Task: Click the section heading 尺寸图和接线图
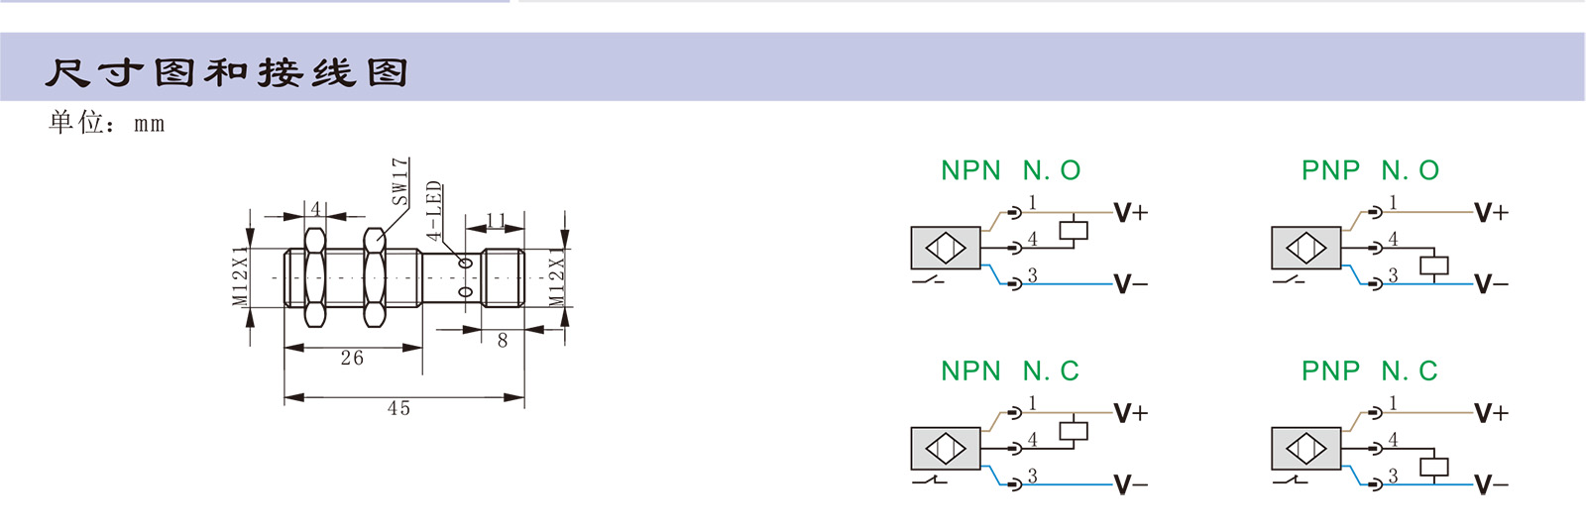226,72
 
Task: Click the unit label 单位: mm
106,123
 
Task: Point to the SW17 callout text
399,181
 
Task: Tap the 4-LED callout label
433,210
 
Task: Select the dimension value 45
398,408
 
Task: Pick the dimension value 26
352,358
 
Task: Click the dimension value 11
497,220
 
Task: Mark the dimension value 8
503,340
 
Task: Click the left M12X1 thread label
240,275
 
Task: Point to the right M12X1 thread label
557,275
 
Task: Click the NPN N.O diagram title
1010,170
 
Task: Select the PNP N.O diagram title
1370,170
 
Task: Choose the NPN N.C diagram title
1009,371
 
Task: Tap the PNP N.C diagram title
1369,371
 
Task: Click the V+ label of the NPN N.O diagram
1130,212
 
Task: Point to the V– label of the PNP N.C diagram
1491,485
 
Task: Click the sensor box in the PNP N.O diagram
1305,248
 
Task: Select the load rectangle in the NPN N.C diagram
1074,431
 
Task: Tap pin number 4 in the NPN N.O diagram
1032,239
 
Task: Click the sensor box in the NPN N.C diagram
945,449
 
